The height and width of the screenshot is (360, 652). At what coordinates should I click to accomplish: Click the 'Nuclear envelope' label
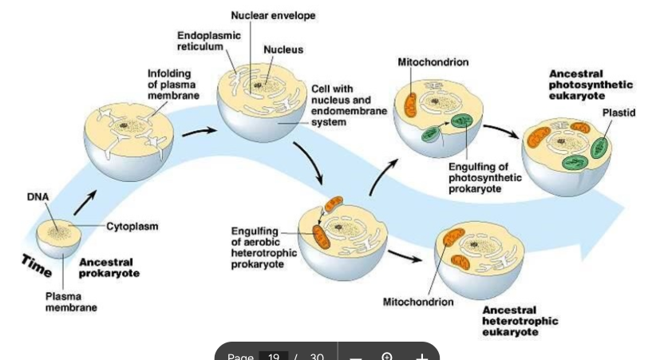tap(273, 15)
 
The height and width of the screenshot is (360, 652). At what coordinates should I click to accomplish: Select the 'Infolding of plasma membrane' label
tap(169, 85)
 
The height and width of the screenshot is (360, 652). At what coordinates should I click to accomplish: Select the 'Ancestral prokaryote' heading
tap(109, 267)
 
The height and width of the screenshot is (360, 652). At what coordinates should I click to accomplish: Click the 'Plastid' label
tap(619, 113)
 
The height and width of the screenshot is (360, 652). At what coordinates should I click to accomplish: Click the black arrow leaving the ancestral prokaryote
tap(86, 202)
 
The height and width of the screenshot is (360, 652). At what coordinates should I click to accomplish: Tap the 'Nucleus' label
tap(283, 49)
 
